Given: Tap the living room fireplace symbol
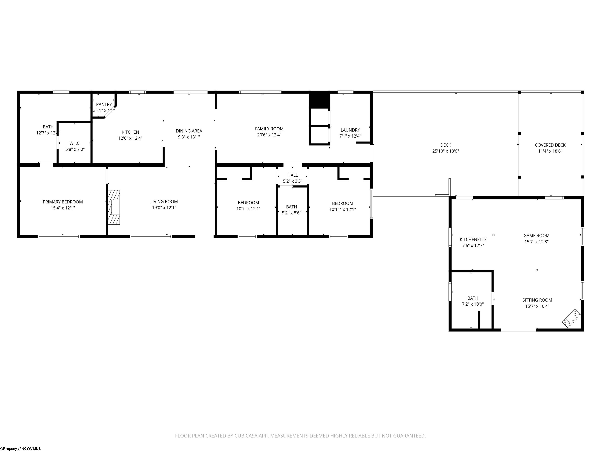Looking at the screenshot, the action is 114,207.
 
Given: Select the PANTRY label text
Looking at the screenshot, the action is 104,104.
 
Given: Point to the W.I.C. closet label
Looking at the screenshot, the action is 75,143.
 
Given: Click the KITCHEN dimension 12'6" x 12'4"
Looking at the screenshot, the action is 130,138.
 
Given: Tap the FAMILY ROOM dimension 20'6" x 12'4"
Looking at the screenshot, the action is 269,135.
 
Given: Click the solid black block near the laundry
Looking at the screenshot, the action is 319,101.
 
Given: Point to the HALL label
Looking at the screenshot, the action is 293,175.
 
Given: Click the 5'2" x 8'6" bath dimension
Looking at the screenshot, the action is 292,213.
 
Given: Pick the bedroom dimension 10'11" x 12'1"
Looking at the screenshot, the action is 343,209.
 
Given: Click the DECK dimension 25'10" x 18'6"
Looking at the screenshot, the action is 446,151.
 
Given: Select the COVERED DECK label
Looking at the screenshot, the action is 550,145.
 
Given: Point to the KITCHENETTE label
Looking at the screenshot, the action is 473,240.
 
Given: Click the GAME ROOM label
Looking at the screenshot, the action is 537,236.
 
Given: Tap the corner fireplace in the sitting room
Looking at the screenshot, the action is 571,319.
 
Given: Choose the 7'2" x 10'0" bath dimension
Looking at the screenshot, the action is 473,304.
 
